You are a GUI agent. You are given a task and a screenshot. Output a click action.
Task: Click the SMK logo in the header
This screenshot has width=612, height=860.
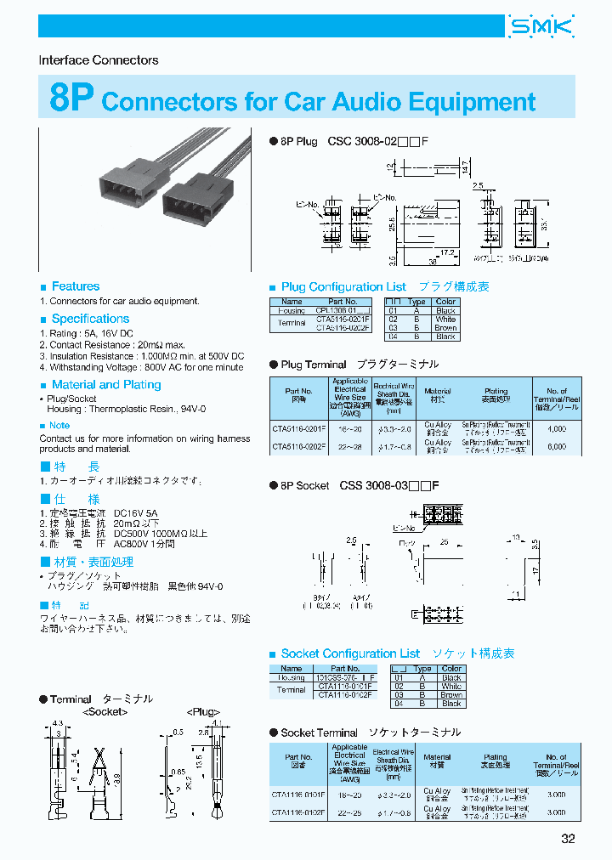tap(541, 27)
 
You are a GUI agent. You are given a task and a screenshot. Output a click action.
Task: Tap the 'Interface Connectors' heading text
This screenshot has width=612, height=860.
tap(99, 60)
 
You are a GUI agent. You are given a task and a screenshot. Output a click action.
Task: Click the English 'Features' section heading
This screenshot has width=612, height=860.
tap(75, 286)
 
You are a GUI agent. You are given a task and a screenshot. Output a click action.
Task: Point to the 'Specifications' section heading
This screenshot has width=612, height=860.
tap(90, 319)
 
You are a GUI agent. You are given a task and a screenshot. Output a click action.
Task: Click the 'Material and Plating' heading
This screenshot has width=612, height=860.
tap(106, 385)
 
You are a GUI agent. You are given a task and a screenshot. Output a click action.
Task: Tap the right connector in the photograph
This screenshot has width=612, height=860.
tap(195, 201)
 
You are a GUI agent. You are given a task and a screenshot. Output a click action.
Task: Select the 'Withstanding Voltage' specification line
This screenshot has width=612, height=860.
tap(141, 367)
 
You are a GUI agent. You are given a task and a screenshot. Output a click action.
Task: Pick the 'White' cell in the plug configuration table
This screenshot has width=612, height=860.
tap(445, 319)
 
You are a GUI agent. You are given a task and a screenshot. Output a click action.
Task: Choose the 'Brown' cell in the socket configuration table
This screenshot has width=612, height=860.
tap(451, 695)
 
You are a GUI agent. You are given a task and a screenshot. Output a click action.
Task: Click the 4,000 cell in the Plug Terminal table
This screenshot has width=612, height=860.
tap(556, 429)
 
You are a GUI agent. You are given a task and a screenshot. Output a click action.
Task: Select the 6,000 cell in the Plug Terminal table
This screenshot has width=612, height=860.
tap(556, 446)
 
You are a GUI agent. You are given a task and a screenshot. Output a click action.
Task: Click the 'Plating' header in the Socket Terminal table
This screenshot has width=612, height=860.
tap(496, 756)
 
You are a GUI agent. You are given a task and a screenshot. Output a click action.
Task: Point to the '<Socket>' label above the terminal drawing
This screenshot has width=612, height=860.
tap(104, 712)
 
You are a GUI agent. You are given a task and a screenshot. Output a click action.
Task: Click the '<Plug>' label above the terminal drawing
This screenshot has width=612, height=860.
tap(203, 712)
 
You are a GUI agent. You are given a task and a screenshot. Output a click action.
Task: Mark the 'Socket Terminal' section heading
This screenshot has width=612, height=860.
tap(320, 732)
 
